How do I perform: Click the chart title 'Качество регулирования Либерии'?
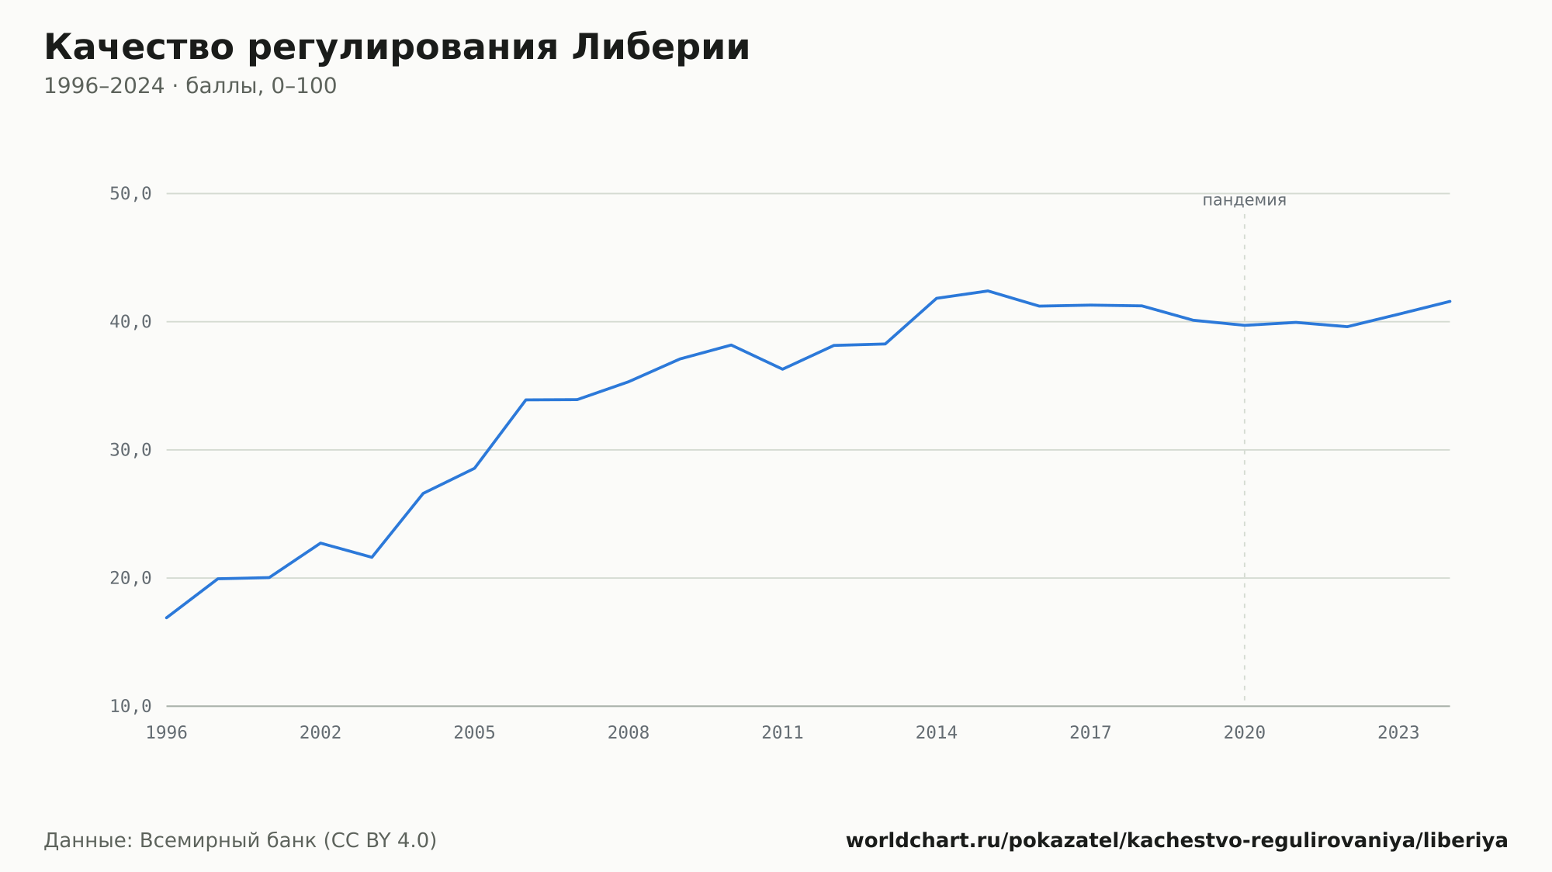[x=397, y=48]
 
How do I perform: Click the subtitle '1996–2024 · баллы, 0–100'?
[x=190, y=86]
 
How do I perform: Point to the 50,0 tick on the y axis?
[x=130, y=194]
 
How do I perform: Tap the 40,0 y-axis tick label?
[x=130, y=322]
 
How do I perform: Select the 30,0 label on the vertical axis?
[x=130, y=450]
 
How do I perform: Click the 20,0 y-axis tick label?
[x=130, y=578]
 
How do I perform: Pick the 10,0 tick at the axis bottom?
[x=130, y=706]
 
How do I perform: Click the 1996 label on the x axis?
[x=167, y=733]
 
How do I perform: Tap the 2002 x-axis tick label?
[x=320, y=733]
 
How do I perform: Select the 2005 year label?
[x=475, y=733]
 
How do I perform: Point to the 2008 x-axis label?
[x=629, y=733]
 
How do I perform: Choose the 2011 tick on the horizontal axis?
[x=782, y=733]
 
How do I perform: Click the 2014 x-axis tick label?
[x=937, y=733]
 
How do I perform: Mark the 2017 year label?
[x=1090, y=733]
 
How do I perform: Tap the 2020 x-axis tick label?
[x=1245, y=733]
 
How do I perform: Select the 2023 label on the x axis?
[x=1398, y=733]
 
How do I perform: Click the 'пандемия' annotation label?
[x=1245, y=200]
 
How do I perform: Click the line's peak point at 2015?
[x=988, y=291]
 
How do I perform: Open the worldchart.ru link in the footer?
[x=1176, y=841]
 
